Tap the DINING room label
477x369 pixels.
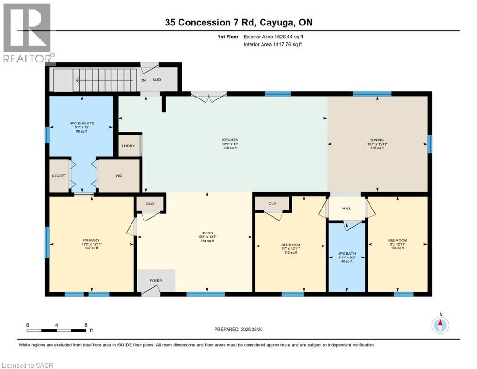(x=377, y=140)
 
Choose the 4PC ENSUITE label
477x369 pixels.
(x=82, y=123)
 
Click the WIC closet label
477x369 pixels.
(x=119, y=176)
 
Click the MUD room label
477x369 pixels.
(x=157, y=80)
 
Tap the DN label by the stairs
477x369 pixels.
(x=143, y=80)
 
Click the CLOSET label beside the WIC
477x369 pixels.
(x=59, y=176)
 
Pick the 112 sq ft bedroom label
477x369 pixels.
(x=291, y=245)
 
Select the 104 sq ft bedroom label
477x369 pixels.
(x=397, y=240)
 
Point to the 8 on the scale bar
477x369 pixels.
(x=85, y=325)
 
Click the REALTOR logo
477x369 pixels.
(x=27, y=33)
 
